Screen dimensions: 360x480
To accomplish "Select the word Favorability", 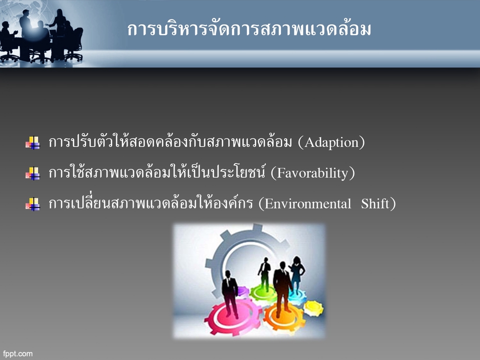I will (312, 173).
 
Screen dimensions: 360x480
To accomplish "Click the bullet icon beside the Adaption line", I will (32, 143).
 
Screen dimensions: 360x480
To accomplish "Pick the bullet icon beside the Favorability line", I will (32, 173).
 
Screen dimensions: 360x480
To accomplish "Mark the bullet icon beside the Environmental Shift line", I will (32, 204).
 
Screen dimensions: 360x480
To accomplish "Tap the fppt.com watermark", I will (18, 353).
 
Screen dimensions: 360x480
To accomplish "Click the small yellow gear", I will (313, 307).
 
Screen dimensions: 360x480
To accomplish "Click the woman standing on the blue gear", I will (296, 275).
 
